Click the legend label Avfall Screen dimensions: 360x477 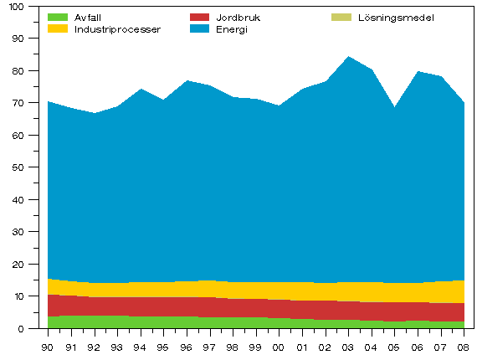coord(88,17)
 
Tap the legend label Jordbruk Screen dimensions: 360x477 coord(238,17)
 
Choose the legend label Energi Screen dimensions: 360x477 coord(232,28)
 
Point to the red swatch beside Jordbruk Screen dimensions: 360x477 coord(199,17)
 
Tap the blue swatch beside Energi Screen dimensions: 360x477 coord(199,28)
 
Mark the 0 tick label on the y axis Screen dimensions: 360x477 coord(23,328)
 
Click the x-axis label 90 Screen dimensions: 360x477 coord(48,346)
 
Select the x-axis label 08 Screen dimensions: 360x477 coord(462,346)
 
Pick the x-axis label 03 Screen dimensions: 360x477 coord(347,346)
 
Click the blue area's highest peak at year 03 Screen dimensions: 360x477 coord(347,57)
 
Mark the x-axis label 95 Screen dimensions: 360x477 coord(163,346)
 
